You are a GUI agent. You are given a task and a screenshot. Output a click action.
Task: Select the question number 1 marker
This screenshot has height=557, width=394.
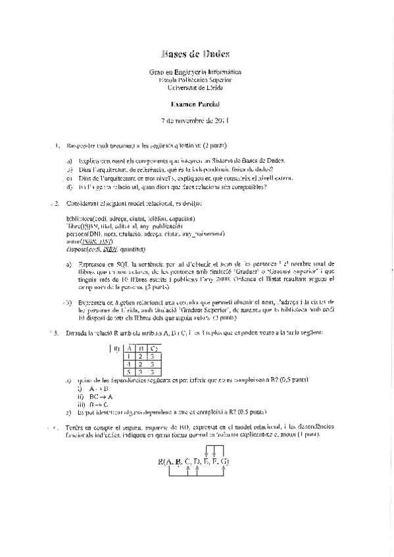(57, 145)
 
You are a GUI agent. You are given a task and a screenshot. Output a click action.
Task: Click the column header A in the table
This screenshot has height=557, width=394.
(130, 347)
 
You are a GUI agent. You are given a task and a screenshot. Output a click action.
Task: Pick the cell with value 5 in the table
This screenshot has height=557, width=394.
(130, 371)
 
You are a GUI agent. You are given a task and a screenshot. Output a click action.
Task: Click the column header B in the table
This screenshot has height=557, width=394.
(141, 347)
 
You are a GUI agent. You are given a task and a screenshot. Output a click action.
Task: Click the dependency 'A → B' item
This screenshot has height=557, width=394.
(99, 388)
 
